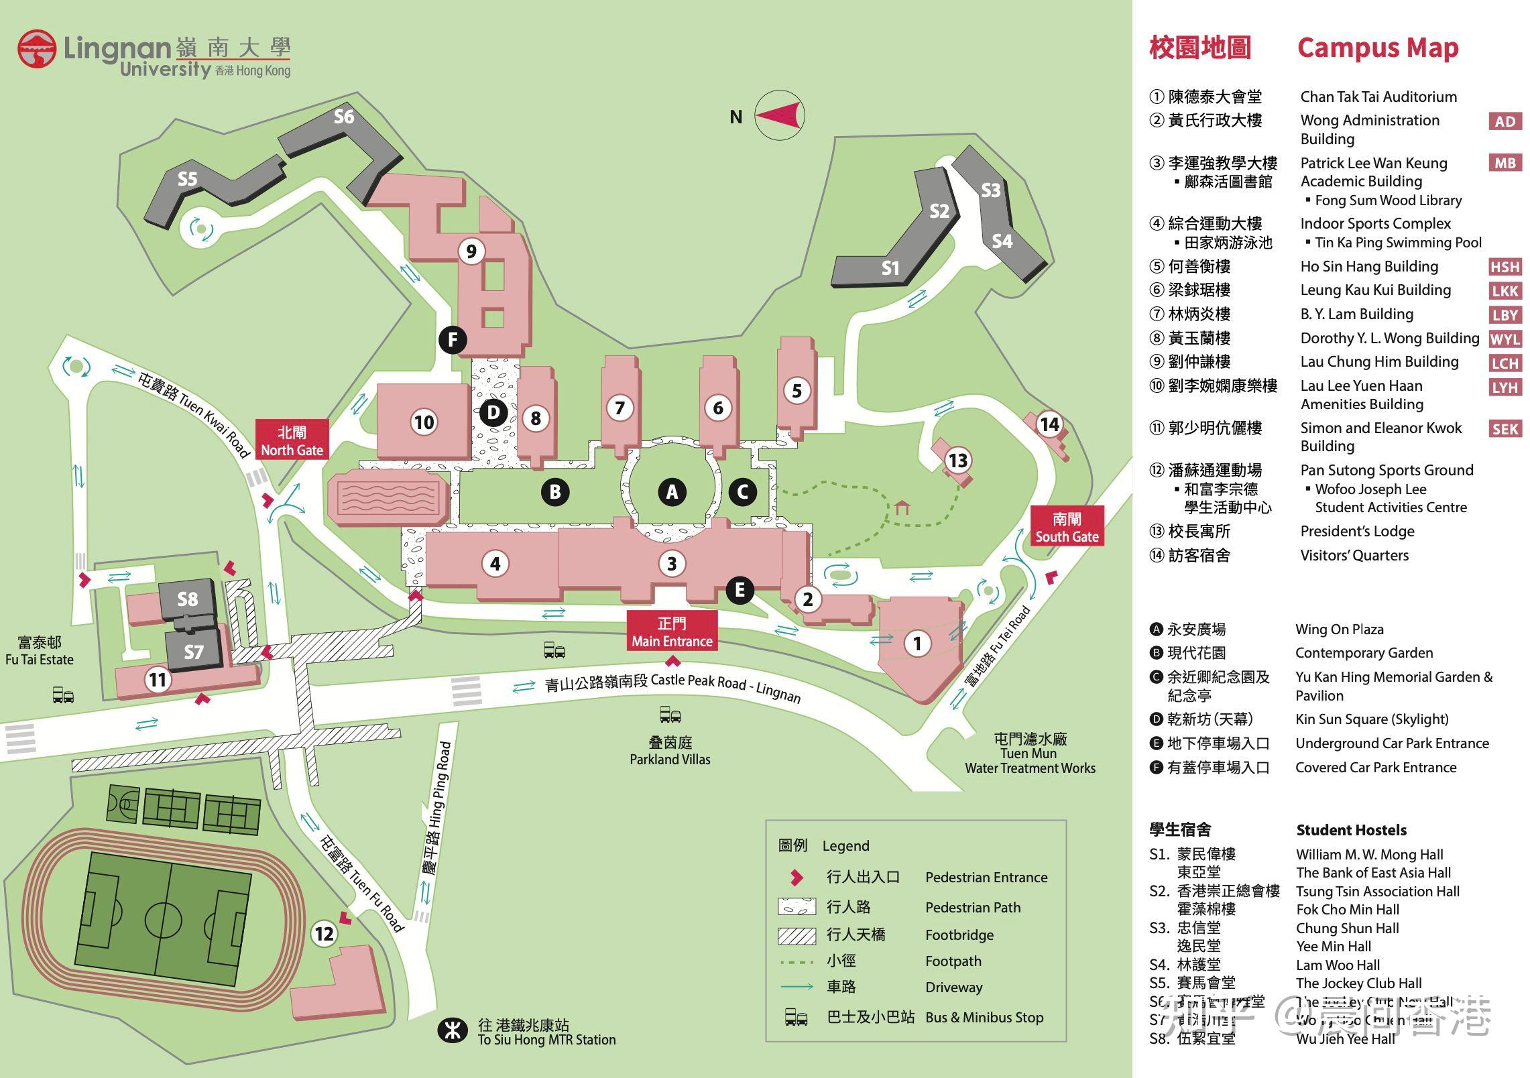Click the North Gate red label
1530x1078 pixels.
(x=292, y=440)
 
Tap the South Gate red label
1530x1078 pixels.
(x=1066, y=528)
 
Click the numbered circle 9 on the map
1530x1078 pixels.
(x=471, y=251)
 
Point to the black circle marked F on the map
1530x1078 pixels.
(x=453, y=339)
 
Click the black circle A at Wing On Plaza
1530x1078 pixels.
(x=672, y=492)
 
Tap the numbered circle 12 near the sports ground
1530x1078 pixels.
(x=325, y=933)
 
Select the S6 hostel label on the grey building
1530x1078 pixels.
(x=344, y=117)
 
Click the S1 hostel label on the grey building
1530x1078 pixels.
(x=890, y=268)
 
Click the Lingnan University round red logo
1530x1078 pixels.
(x=37, y=49)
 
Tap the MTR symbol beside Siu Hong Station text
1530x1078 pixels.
(x=453, y=1030)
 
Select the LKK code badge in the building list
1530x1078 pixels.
(x=1505, y=291)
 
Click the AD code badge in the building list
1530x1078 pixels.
(x=1505, y=121)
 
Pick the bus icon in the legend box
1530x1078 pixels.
(x=796, y=1018)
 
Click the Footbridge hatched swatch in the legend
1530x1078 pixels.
(x=797, y=936)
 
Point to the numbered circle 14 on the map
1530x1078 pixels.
(x=1049, y=424)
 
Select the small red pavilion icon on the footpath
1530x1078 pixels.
(x=902, y=507)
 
